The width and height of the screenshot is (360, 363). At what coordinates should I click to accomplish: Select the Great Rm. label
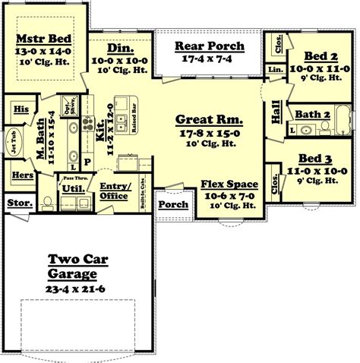208,119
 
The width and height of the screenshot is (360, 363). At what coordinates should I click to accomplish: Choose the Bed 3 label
314,159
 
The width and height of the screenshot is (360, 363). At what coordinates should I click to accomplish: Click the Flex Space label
229,185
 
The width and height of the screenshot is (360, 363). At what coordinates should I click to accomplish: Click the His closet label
21,109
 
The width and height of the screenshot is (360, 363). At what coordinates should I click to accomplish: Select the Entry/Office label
115,190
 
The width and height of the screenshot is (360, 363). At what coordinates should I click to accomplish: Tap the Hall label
273,114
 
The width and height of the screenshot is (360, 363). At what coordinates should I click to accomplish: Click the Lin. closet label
274,70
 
